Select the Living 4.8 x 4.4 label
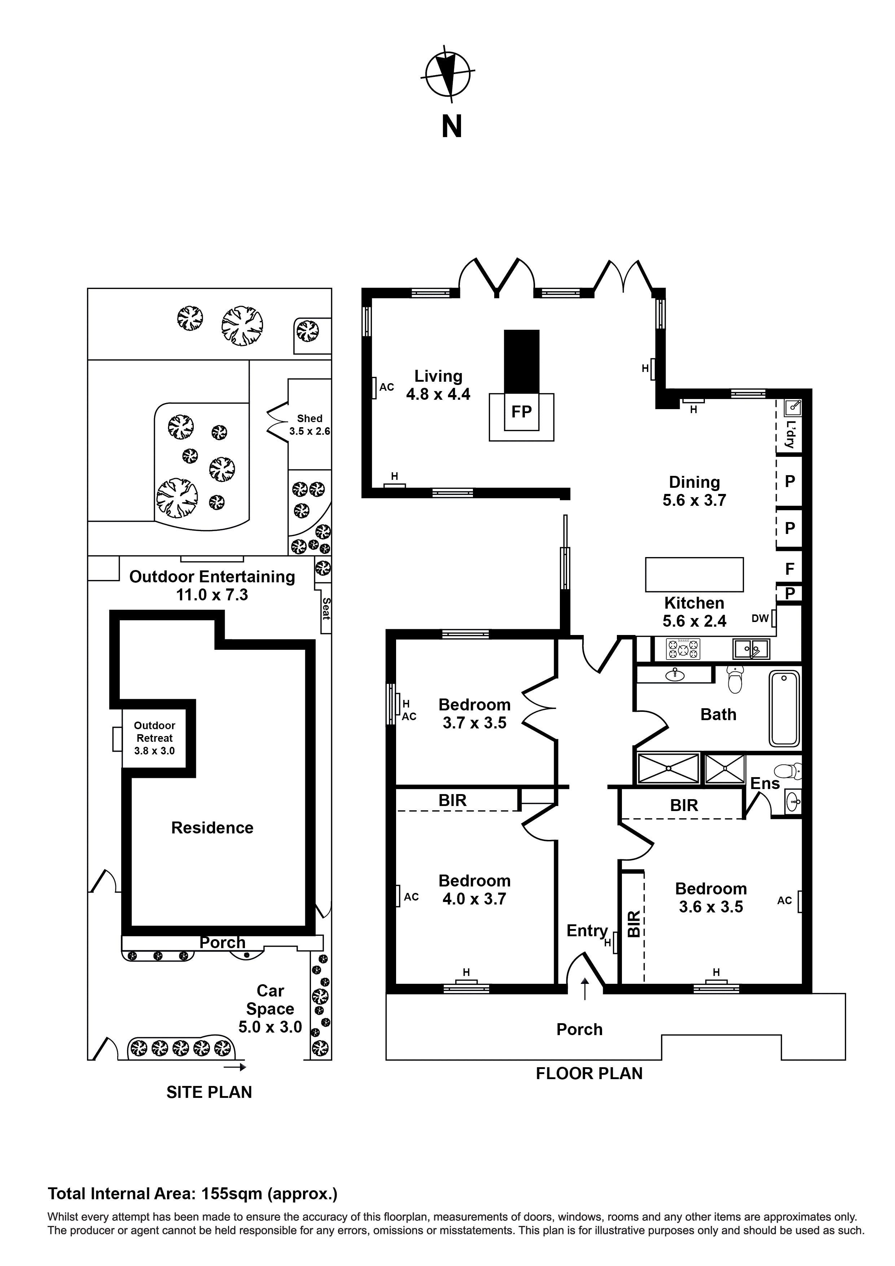click(438, 385)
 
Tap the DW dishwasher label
click(760, 619)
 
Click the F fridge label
click(790, 569)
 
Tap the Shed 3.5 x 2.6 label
click(310, 425)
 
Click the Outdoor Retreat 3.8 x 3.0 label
click(154, 738)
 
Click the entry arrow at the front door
click(584, 989)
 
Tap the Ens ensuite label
click(765, 784)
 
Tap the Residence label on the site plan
click(212, 828)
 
